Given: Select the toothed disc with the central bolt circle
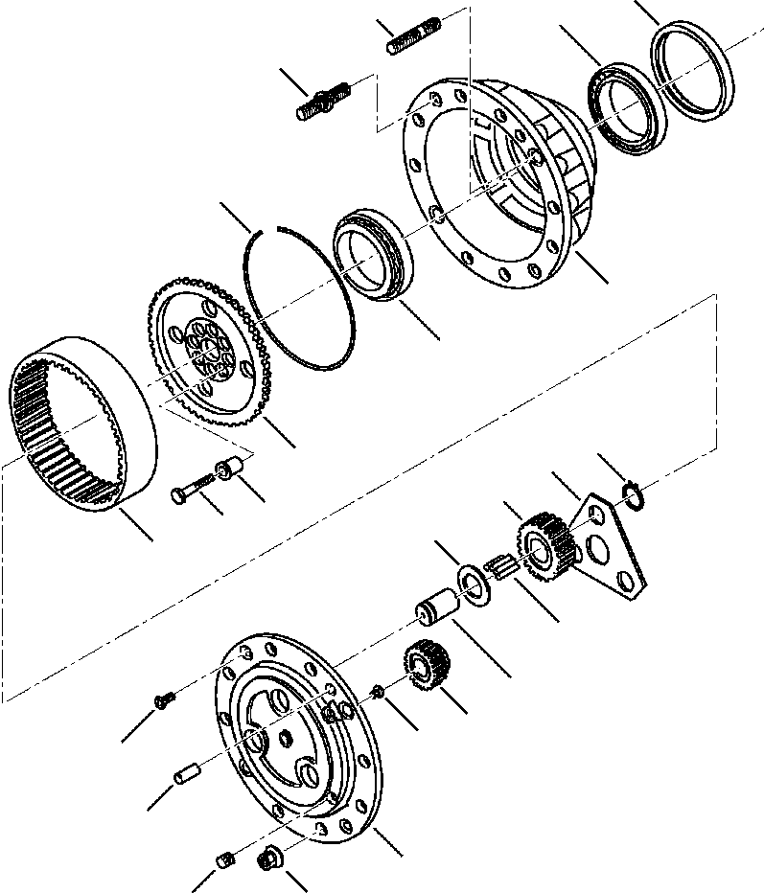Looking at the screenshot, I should tap(206, 355).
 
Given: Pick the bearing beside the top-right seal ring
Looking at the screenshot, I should tap(622, 108).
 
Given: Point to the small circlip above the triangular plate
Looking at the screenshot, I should tap(631, 494).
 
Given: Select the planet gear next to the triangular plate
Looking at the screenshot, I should tap(545, 541).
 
